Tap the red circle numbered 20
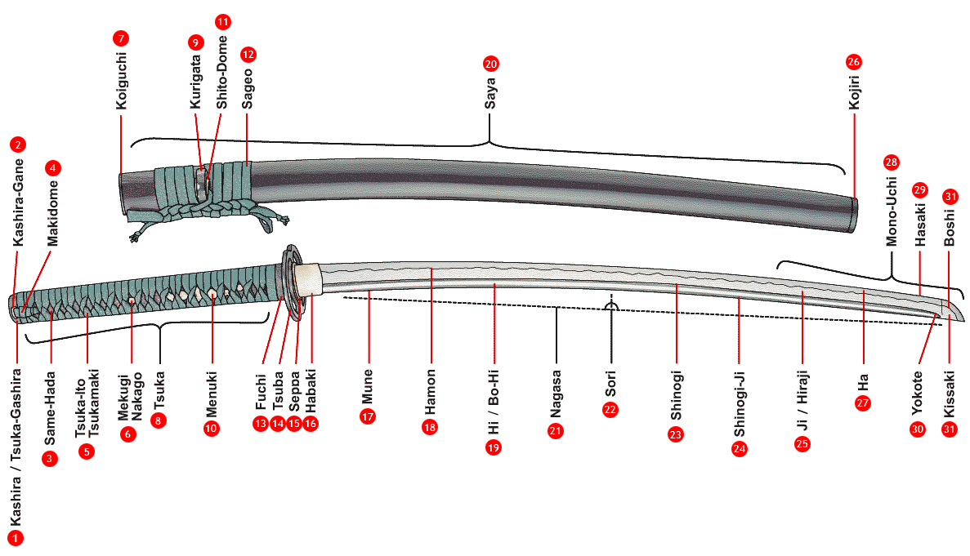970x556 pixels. pos(490,63)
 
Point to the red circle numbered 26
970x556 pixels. pos(854,62)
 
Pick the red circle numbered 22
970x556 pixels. pos(610,410)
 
